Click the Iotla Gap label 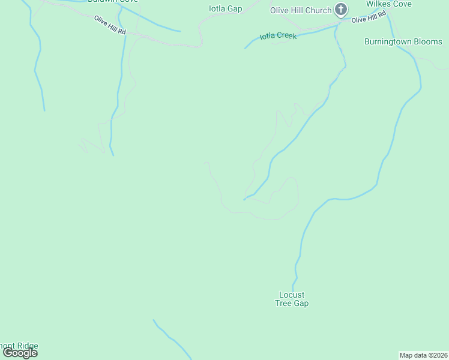pyautogui.click(x=225, y=8)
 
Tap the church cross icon pyautogui.click(x=341, y=9)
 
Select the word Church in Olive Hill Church pyautogui.click(x=318, y=10)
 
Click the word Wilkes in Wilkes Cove pyautogui.click(x=379, y=4)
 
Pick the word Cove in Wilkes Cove pyautogui.click(x=402, y=4)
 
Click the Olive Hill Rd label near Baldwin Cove pyautogui.click(x=109, y=25)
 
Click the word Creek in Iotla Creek pyautogui.click(x=287, y=35)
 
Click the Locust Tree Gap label pyautogui.click(x=292, y=299)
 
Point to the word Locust pyautogui.click(x=292, y=295)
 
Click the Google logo pyautogui.click(x=20, y=353)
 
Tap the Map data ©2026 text pyautogui.click(x=424, y=355)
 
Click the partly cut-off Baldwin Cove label pyautogui.click(x=112, y=2)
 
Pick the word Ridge pyautogui.click(x=28, y=346)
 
